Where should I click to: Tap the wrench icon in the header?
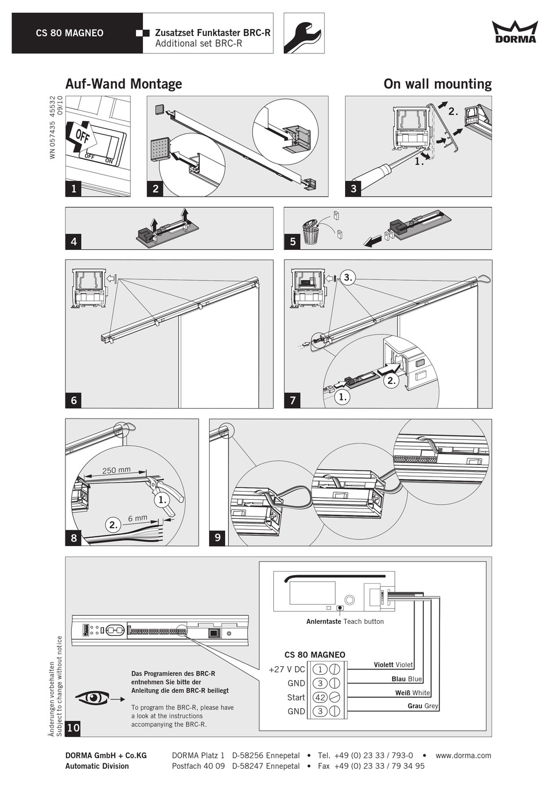pyautogui.click(x=303, y=34)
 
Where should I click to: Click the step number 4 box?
pyautogui.click(x=74, y=241)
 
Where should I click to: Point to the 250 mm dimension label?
pyautogui.click(x=116, y=470)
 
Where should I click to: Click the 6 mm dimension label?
pyautogui.click(x=138, y=518)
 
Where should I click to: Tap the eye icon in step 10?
pyautogui.click(x=93, y=699)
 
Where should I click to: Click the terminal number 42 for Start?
pyautogui.click(x=320, y=697)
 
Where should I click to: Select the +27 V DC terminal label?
pyautogui.click(x=287, y=669)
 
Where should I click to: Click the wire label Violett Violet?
pyautogui.click(x=393, y=665)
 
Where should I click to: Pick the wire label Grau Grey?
pyautogui.click(x=423, y=706)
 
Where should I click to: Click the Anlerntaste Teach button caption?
pyautogui.click(x=345, y=621)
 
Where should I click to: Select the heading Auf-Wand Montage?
pyautogui.click(x=123, y=84)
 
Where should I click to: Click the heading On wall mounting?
pyautogui.click(x=437, y=84)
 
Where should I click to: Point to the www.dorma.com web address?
pyautogui.click(x=463, y=755)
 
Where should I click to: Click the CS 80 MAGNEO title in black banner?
pyautogui.click(x=69, y=33)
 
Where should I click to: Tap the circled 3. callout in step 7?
pyautogui.click(x=347, y=278)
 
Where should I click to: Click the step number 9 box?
pyautogui.click(x=218, y=537)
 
